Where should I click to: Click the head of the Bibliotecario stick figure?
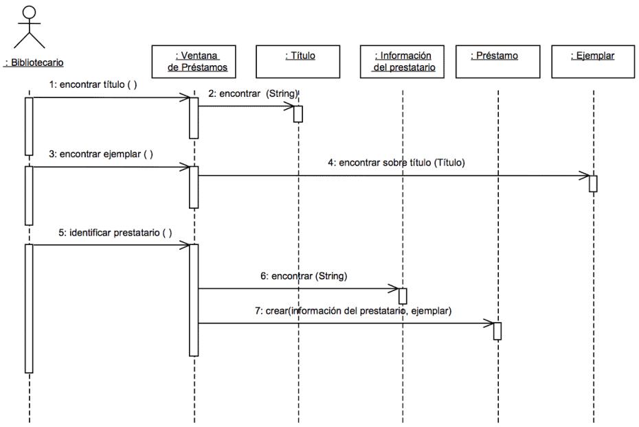pyautogui.click(x=29, y=12)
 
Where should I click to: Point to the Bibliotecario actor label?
pyautogui.click(x=34, y=62)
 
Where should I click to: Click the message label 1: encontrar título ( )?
pyautogui.click(x=93, y=84)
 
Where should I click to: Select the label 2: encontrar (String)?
pyautogui.click(x=253, y=93)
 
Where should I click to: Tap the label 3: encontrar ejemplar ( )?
pyautogui.click(x=100, y=154)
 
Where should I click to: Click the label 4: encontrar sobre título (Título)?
pyautogui.click(x=396, y=163)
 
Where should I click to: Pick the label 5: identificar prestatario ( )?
pyautogui.click(x=115, y=233)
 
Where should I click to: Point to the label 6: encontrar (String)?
pyautogui.click(x=304, y=276)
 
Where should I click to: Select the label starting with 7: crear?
pyautogui.click(x=353, y=311)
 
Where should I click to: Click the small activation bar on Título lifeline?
pyautogui.click(x=298, y=114)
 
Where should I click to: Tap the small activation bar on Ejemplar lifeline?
pyautogui.click(x=594, y=183)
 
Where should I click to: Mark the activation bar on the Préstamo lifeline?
pyautogui.click(x=497, y=331)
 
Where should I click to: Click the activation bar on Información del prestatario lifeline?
pyautogui.click(x=403, y=296)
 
